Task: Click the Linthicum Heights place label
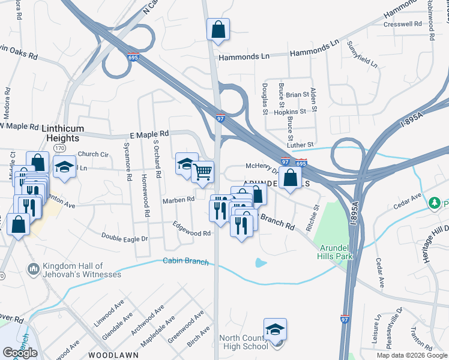[62, 133]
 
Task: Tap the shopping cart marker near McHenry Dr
[203, 172]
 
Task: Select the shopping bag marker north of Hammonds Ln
[218, 29]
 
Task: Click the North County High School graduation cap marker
[275, 330]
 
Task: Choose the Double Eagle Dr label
[124, 238]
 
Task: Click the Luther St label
[300, 145]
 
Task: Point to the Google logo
[20, 352]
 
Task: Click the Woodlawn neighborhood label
[113, 355]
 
